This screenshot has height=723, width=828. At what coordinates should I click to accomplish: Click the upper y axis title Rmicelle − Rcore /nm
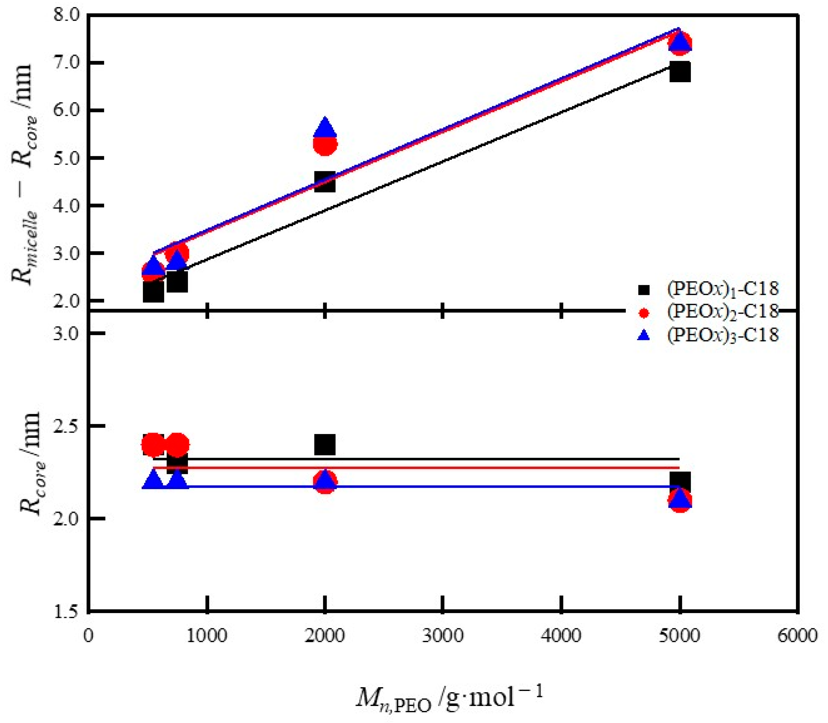click(x=26, y=173)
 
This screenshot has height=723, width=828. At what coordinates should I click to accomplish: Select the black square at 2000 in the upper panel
click(x=325, y=182)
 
